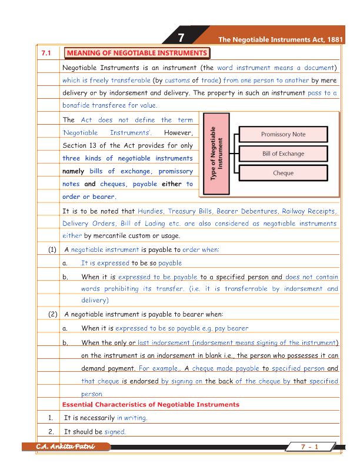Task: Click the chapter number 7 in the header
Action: click(x=182, y=38)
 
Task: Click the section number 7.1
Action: click(x=47, y=54)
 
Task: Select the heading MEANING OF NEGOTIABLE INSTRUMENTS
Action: click(x=136, y=54)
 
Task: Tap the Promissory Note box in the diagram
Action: click(x=283, y=134)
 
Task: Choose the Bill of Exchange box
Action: click(x=283, y=154)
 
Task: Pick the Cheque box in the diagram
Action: click(x=283, y=174)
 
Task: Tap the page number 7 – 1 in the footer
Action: click(x=309, y=447)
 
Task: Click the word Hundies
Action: click(x=150, y=211)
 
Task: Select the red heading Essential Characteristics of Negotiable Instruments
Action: click(x=151, y=405)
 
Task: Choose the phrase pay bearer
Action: click(x=231, y=328)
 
